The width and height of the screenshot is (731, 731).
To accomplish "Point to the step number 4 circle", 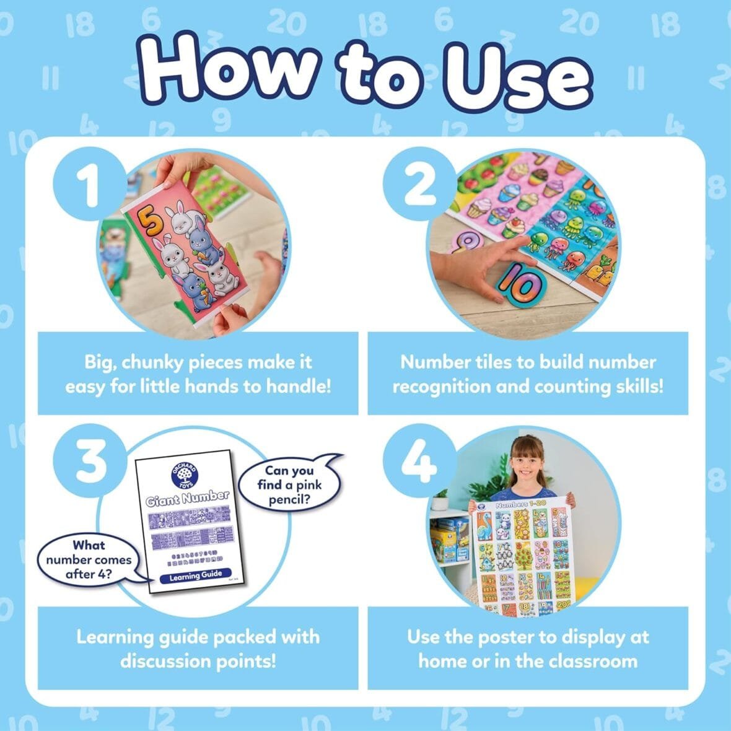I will (x=419, y=462).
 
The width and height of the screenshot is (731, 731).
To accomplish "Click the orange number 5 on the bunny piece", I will (x=147, y=219).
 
